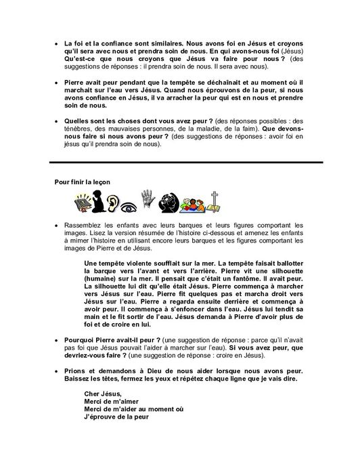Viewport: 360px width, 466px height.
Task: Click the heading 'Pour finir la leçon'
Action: [83, 182]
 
